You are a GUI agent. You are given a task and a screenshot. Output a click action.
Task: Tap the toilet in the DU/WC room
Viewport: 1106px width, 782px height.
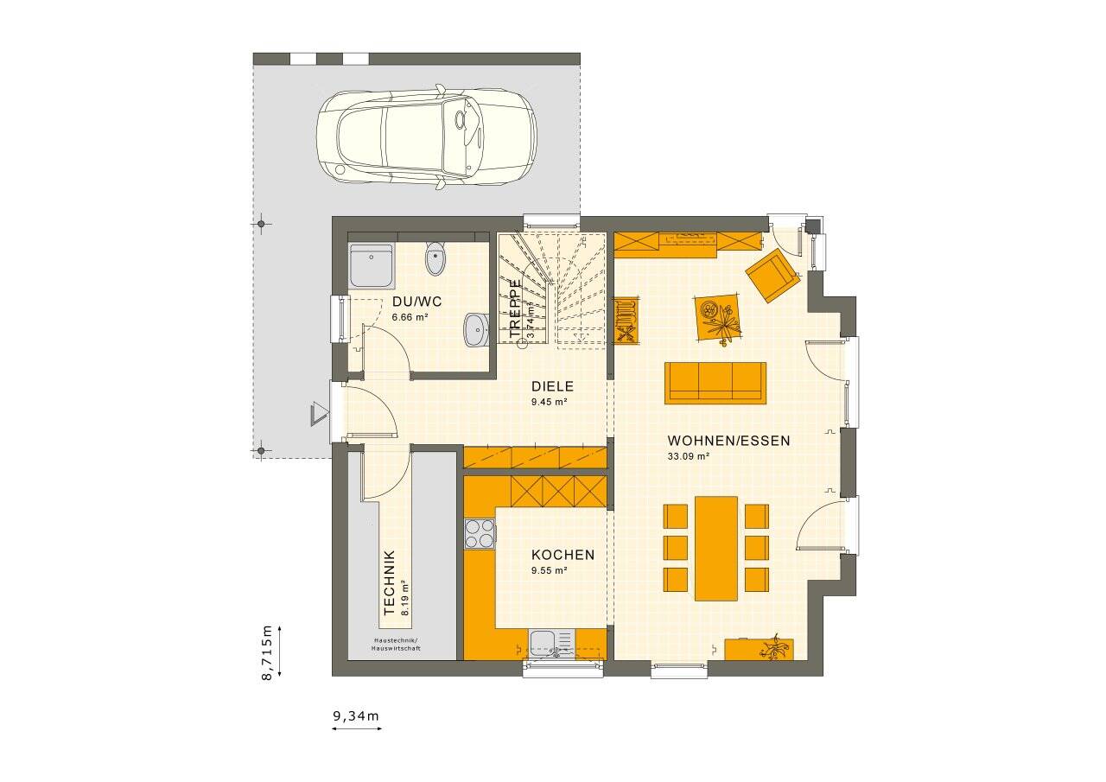(435, 258)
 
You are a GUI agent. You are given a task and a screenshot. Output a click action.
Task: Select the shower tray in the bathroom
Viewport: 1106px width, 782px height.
(372, 265)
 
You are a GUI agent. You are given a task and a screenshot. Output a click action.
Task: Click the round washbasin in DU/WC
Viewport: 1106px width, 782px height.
(475, 328)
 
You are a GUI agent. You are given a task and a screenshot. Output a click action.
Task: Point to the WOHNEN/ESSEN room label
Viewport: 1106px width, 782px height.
(728, 441)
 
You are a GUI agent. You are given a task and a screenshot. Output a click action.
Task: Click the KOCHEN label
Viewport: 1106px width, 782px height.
(563, 555)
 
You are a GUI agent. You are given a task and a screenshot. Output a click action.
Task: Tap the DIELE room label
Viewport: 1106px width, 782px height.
(552, 387)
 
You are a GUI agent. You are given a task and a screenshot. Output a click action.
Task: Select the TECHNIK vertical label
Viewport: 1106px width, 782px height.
(389, 582)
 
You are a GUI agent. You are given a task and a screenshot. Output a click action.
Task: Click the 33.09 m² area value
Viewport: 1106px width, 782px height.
(688, 456)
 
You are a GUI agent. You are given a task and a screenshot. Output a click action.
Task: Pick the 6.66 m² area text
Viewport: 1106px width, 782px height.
(410, 317)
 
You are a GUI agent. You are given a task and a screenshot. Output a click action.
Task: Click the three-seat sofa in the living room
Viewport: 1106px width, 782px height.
(715, 382)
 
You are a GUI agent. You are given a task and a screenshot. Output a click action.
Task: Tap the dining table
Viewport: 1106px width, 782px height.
(715, 548)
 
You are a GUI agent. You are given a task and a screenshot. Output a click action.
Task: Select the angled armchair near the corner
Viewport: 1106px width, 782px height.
(772, 275)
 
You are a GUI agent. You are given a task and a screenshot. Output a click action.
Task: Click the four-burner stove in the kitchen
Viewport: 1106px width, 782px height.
(480, 533)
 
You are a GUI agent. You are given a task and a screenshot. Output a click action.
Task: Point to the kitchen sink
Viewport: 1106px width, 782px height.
(551, 644)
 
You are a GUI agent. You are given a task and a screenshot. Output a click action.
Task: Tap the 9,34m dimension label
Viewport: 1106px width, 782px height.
(356, 715)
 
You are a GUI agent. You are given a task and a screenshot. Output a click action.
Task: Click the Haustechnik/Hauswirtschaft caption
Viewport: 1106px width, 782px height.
(396, 644)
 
